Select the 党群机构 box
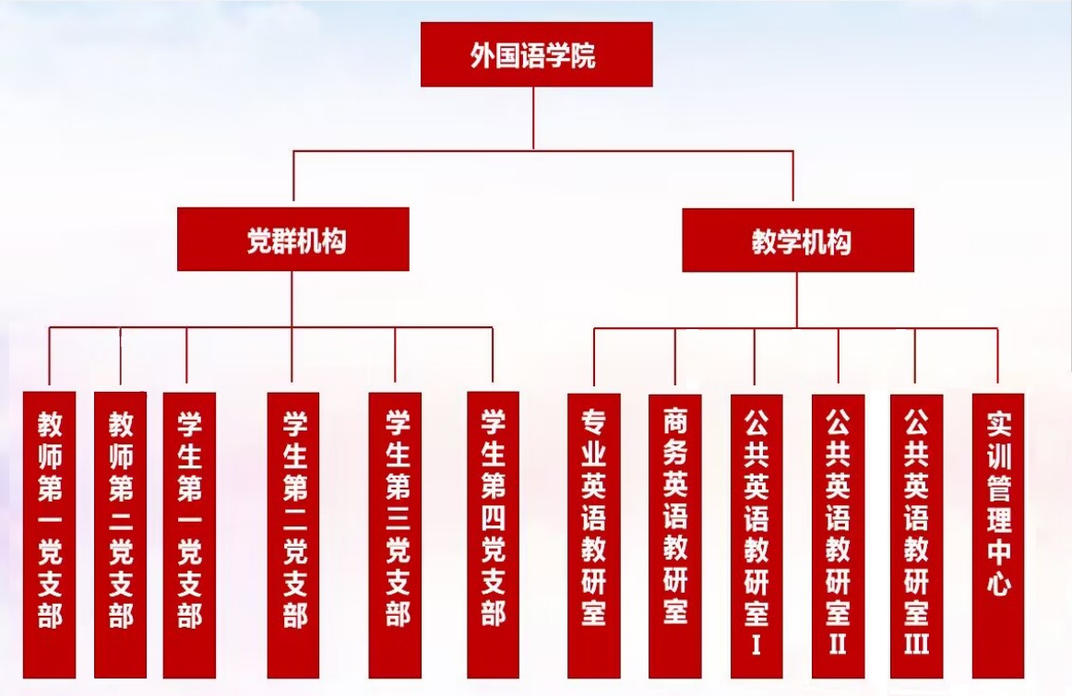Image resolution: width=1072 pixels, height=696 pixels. click(x=292, y=240)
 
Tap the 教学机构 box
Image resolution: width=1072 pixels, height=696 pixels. click(x=798, y=241)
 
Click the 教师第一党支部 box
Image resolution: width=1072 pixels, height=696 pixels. click(x=50, y=535)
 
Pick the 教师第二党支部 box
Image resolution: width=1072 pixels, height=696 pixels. click(x=121, y=535)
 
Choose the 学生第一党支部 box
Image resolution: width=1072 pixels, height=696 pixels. click(x=189, y=535)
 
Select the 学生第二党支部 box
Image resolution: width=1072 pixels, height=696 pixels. click(x=293, y=535)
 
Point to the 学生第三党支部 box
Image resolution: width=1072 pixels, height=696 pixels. click(x=395, y=535)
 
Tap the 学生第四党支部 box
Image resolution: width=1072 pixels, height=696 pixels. click(x=493, y=535)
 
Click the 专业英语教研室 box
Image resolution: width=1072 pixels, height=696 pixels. click(x=594, y=535)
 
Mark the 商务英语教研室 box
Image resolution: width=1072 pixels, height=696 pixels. click(x=675, y=535)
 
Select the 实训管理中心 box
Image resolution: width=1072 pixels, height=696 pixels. click(x=998, y=535)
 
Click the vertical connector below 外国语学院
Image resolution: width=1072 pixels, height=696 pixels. click(x=533, y=118)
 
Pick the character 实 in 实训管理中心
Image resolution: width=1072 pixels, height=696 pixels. click(x=999, y=424)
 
